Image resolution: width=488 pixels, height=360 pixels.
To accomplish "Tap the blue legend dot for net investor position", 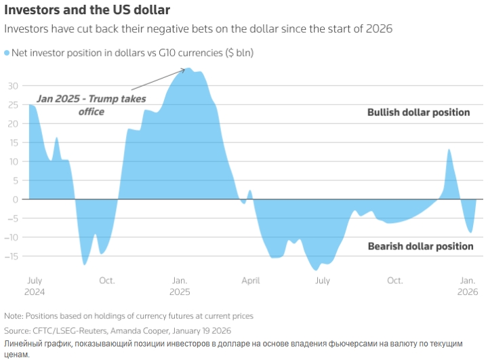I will click(x=8, y=53).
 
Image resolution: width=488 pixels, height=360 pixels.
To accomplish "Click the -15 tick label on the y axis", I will click(x=12, y=256).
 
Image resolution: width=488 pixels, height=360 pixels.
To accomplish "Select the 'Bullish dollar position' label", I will click(x=418, y=113).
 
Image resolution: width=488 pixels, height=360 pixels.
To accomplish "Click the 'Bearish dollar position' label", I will click(x=420, y=246).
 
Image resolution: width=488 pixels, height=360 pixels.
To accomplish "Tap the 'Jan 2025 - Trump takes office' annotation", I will click(x=91, y=105).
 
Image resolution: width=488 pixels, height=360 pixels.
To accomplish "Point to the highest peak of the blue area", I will click(x=190, y=68).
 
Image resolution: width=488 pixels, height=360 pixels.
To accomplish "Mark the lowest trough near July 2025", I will click(x=315, y=270).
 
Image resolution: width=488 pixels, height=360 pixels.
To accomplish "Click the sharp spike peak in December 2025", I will click(x=449, y=150).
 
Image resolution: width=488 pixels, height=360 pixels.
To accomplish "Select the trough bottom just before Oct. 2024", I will click(x=85, y=264).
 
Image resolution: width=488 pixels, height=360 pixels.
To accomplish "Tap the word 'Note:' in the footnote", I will click(x=13, y=316).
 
